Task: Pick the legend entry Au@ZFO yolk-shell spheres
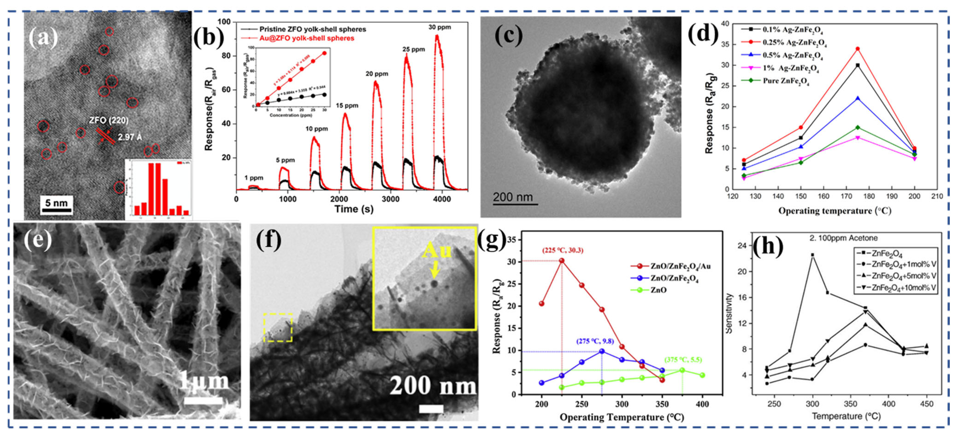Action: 306,38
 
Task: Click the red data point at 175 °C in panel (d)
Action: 857,49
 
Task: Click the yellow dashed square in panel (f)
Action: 278,327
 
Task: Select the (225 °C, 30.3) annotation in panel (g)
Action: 563,250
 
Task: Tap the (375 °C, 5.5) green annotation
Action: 683,360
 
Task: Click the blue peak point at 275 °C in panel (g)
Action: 602,351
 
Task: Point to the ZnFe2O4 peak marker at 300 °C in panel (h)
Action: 812,255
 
